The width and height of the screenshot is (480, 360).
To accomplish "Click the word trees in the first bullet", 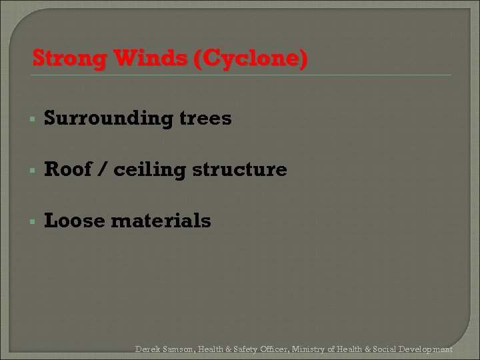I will pos(207,119).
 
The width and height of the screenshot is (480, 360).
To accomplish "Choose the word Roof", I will pos(67,169).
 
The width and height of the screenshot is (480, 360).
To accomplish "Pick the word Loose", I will pos(73,220).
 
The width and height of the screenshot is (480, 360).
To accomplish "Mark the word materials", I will pos(160,220).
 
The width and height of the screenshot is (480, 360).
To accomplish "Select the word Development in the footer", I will pos(427,349).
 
